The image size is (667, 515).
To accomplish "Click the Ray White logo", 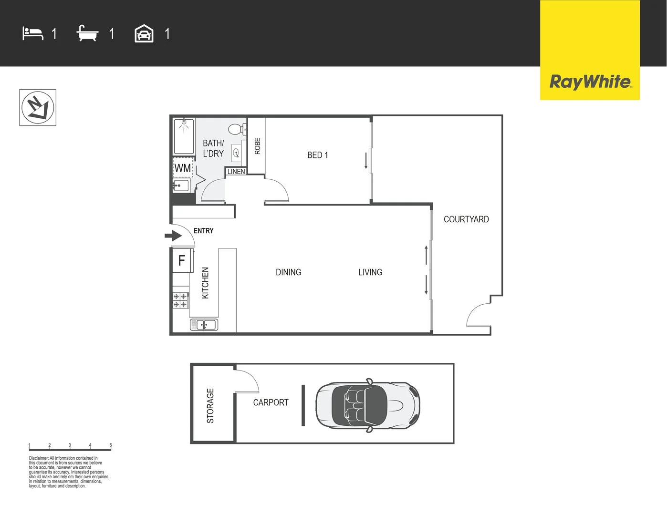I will pos(590,82).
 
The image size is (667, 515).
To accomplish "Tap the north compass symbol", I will pos(38,108).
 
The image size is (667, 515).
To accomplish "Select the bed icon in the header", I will pos(32,34).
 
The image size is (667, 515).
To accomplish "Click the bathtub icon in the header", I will pos(87,34).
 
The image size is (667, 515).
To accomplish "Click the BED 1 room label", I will pos(317,155).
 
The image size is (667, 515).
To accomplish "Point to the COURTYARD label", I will pos(466,219).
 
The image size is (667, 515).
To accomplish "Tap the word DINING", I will pos(288,272).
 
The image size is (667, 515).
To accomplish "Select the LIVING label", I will pos(370,272).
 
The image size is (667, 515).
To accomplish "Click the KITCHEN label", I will pos(205,283).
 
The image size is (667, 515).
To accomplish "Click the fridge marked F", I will pos(182,260).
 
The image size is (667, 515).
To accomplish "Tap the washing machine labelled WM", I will pos(182,168).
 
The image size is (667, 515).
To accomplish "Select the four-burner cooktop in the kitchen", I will pos(180,300).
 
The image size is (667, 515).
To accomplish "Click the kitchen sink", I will pos(204,325).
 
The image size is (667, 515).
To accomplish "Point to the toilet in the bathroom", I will pos(236,129).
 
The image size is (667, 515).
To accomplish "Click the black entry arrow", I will pos(173,236).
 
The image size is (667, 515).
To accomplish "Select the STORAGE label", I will pos(210,406).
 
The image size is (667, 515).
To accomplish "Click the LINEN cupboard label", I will pos(236,172).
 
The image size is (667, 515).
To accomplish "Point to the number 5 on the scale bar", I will pos(111,445).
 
